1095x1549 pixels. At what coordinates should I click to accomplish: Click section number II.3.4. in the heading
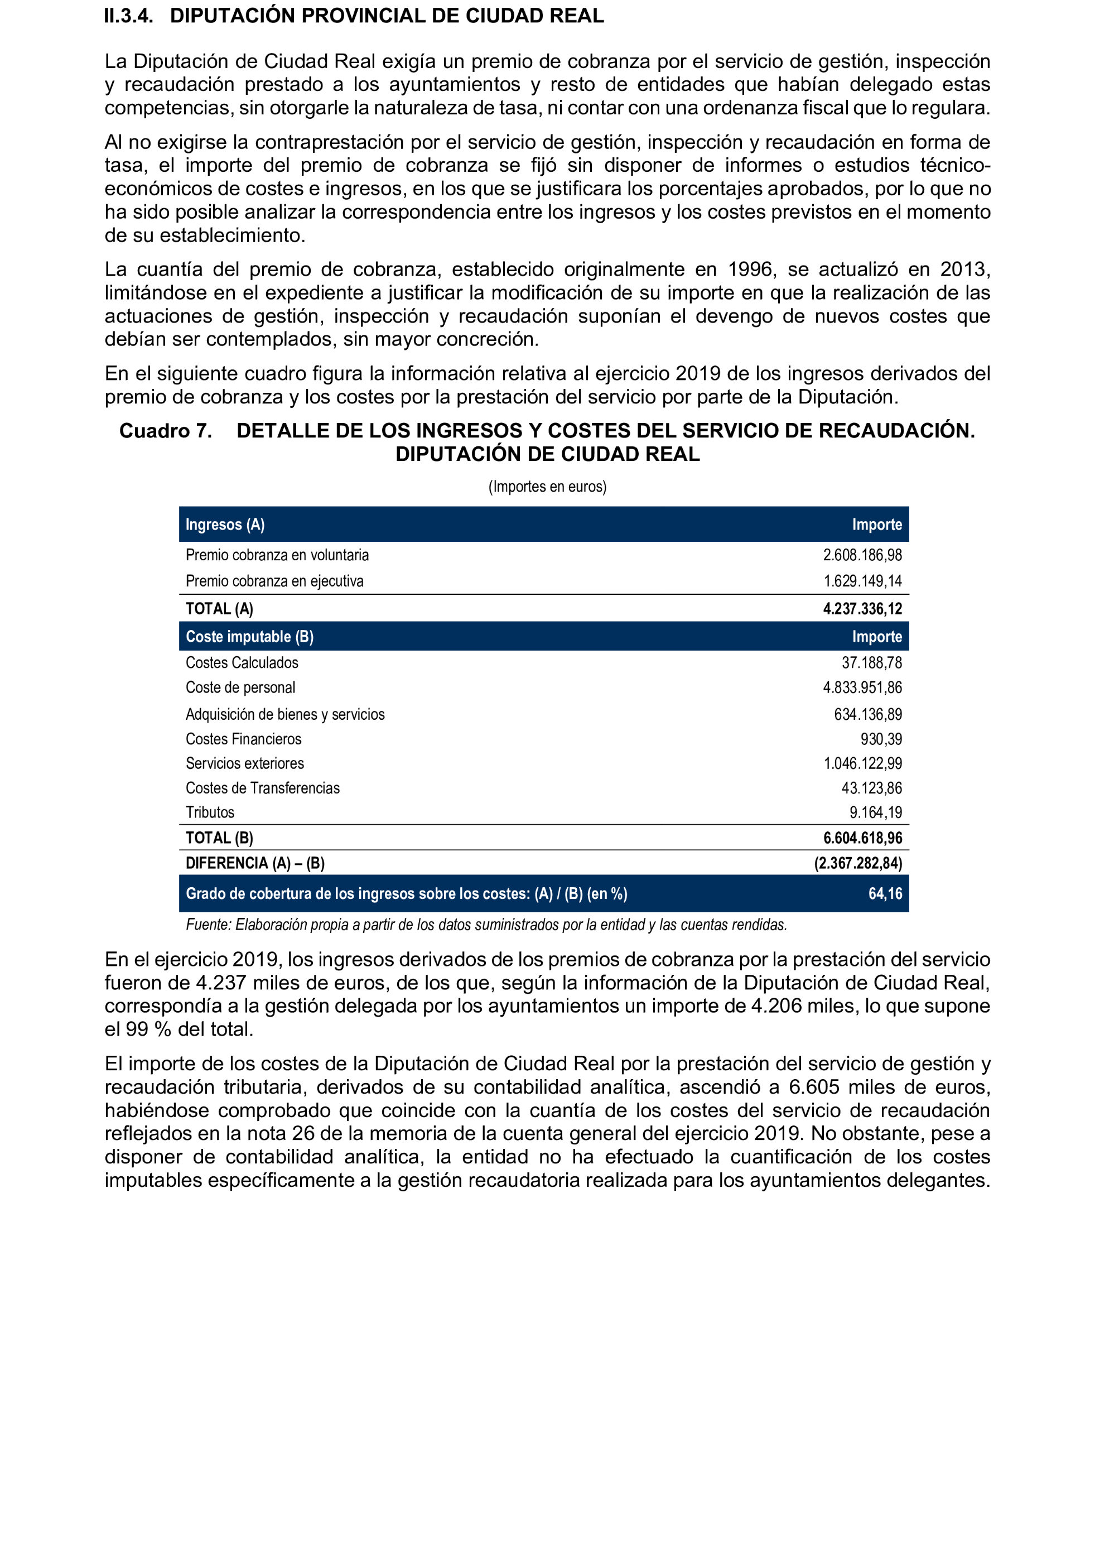128,16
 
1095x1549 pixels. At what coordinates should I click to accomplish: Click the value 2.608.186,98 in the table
862,555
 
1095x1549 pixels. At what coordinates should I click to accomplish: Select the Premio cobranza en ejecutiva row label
274,581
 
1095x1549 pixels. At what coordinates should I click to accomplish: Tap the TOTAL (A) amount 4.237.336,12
862,609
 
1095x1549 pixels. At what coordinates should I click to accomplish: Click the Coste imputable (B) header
249,636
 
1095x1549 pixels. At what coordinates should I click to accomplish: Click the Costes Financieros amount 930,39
881,739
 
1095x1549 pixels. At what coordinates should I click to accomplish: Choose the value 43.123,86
871,788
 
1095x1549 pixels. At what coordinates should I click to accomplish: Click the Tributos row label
210,812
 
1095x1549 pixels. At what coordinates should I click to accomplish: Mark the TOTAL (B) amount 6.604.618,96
862,838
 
